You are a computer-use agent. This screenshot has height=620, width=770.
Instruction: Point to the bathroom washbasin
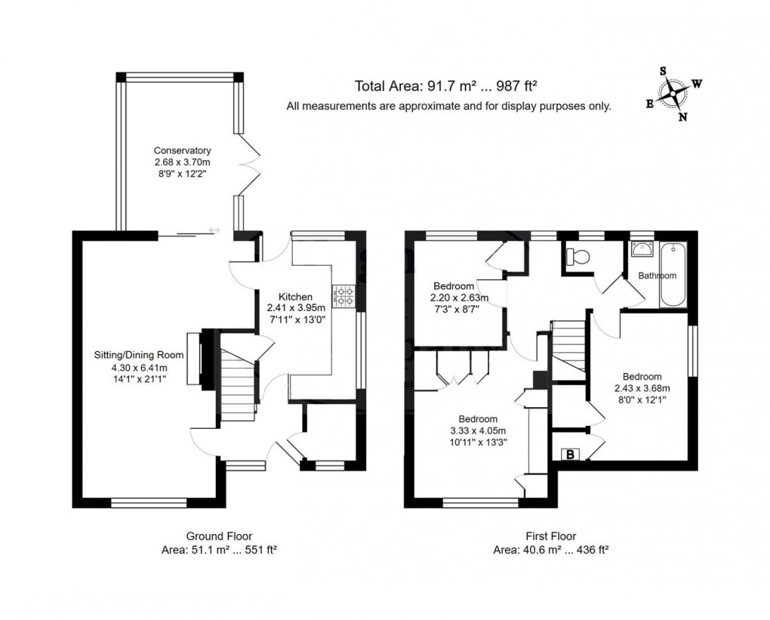tap(641, 250)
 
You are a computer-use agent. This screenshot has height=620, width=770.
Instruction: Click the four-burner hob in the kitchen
tap(344, 295)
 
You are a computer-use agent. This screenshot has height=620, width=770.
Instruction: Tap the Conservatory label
tap(182, 150)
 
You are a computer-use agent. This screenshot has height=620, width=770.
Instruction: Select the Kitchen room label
tap(295, 296)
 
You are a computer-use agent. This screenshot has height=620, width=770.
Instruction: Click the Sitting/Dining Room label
tap(138, 354)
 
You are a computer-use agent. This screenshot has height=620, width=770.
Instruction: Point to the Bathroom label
tap(657, 276)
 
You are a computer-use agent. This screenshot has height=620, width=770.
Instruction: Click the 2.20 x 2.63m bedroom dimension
tap(460, 298)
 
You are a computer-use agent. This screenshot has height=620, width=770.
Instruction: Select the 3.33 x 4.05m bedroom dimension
tap(477, 431)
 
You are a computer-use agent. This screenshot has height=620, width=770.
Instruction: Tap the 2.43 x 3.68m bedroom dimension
tap(642, 388)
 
